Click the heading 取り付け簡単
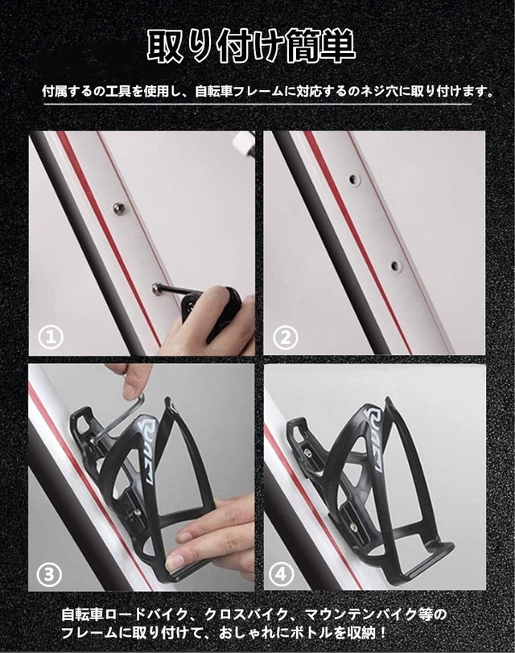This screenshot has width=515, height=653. (x=251, y=47)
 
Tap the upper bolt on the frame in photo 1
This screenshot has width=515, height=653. (x=119, y=209)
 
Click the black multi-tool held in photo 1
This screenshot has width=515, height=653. (x=211, y=304)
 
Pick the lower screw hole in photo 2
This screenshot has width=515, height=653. (x=393, y=265)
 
